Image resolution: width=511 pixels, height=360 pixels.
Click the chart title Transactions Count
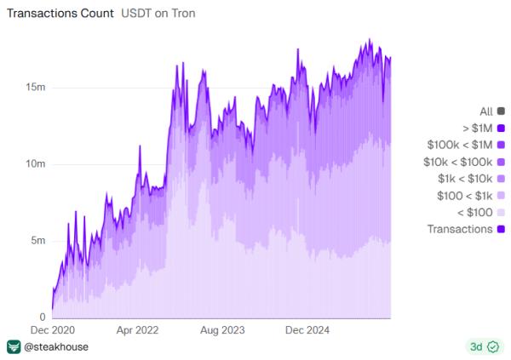coord(56,14)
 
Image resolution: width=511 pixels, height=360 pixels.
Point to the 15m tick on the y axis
coord(35,88)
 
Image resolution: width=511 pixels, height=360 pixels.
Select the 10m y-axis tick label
coord(35,164)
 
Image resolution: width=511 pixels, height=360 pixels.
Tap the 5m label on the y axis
coord(37,241)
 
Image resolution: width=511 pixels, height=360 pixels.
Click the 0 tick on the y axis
coord(43,317)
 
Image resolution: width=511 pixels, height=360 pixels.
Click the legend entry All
coord(486,111)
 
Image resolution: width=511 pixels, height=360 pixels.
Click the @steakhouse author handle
coord(55,347)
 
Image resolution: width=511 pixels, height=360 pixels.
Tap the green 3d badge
coord(482,347)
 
